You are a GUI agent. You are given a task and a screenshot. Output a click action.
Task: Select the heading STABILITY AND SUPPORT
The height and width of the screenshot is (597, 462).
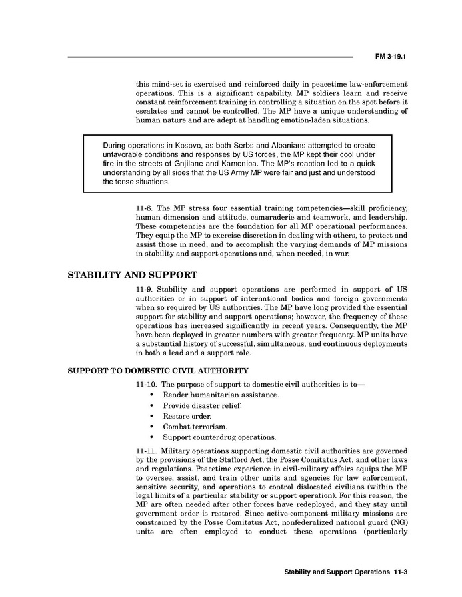coord(133,274)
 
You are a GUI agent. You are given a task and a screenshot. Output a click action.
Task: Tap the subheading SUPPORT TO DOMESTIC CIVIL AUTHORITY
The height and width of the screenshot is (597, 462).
coord(158,371)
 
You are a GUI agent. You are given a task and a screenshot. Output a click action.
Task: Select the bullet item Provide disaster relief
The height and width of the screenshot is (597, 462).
coord(202,405)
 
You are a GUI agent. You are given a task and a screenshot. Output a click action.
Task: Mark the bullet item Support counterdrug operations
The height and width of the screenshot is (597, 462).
coord(219,437)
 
